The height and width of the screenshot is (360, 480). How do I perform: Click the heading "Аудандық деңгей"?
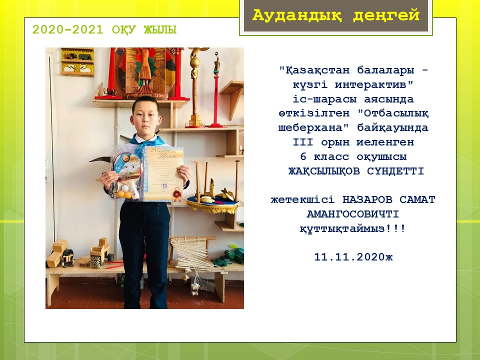[x=335, y=15]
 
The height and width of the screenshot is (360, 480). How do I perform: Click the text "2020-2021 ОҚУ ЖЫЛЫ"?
[x=104, y=29]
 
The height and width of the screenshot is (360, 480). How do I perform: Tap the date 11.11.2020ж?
[x=353, y=257]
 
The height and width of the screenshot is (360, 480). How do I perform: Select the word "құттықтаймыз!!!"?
[x=353, y=228]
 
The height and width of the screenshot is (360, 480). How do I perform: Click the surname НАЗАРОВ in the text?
[x=367, y=199]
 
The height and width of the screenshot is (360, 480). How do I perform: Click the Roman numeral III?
[x=303, y=142]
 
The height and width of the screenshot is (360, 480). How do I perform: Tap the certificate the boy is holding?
[x=164, y=174]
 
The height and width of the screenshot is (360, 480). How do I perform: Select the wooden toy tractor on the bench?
[x=101, y=252]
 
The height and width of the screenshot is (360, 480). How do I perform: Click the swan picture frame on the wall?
[x=77, y=62]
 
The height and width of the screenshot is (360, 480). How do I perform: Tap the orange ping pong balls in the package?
[x=124, y=194]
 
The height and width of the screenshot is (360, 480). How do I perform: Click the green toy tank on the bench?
[x=234, y=254]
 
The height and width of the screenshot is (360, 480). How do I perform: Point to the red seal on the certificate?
[x=176, y=194]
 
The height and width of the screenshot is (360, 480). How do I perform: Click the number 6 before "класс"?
[x=303, y=156]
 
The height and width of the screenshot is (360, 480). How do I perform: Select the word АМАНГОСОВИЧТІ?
[x=353, y=214]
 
